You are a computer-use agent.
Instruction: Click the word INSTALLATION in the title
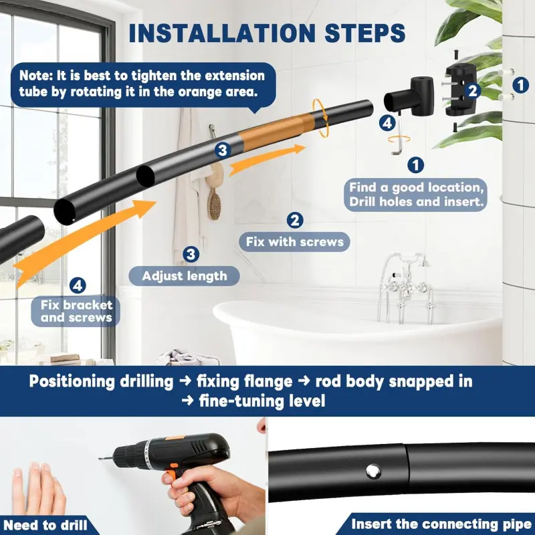click(222, 33)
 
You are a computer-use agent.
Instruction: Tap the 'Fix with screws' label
click(295, 242)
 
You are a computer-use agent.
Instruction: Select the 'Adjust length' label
click(185, 276)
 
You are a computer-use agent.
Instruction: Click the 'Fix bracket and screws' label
click(76, 311)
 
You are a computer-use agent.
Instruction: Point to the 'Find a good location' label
click(416, 195)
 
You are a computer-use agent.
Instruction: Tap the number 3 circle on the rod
click(223, 150)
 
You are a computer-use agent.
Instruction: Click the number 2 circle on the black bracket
click(472, 91)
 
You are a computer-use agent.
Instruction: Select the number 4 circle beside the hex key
click(387, 123)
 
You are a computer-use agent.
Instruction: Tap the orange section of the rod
click(276, 131)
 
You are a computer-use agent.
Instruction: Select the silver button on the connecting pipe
click(373, 471)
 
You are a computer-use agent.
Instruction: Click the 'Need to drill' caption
click(45, 525)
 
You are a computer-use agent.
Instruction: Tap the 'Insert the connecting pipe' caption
click(441, 524)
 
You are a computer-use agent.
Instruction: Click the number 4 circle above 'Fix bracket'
click(78, 286)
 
